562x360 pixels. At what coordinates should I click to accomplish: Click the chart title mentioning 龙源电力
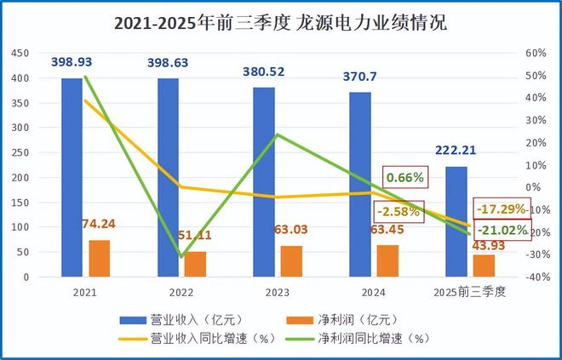click(x=280, y=23)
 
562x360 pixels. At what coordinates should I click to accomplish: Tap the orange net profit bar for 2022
click(x=196, y=265)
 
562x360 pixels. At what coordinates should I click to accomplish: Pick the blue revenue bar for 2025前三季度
click(x=456, y=222)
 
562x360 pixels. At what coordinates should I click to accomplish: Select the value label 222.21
click(x=455, y=150)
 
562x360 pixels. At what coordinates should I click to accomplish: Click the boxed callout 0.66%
click(x=404, y=178)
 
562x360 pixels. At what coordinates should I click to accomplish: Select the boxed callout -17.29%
click(x=500, y=209)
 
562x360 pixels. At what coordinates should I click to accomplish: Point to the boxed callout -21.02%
click(x=502, y=230)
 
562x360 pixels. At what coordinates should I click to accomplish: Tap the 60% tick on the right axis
click(x=534, y=54)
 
